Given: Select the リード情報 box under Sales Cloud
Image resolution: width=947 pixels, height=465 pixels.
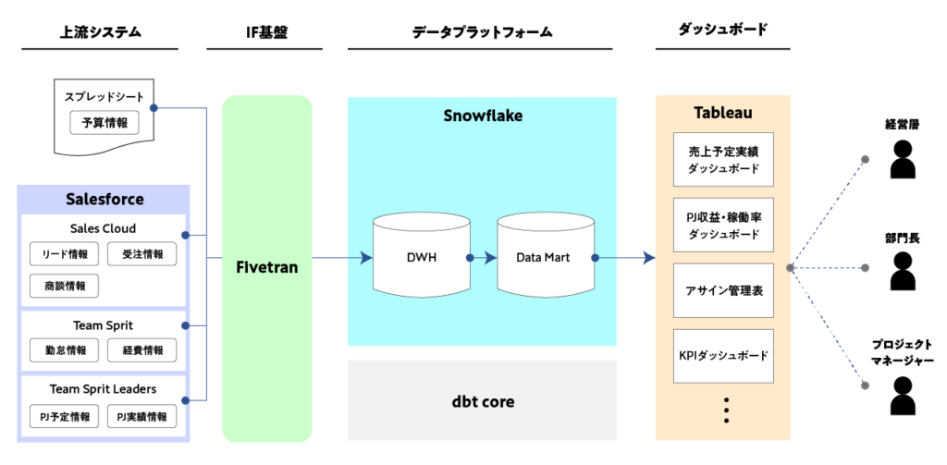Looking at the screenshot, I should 65,254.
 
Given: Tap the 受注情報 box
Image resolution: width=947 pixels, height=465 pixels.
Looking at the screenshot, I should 142,254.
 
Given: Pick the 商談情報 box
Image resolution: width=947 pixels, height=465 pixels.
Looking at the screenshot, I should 65,286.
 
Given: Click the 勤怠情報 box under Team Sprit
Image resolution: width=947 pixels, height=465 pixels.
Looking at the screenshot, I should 65,350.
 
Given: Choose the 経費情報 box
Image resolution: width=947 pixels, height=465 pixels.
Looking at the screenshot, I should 142,350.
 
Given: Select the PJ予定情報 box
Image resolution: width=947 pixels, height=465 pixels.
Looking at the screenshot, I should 65,416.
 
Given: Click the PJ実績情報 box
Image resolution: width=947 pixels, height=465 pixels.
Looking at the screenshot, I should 142,416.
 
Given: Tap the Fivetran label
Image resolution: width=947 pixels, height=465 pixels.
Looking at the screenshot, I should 267,267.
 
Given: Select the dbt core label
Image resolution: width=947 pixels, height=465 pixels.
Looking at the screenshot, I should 482,401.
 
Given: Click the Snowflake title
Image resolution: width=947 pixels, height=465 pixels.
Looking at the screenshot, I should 482,116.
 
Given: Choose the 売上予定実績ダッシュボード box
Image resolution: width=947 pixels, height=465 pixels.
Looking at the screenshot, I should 723,159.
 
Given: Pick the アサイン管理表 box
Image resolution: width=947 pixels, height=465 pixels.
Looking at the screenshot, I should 723,290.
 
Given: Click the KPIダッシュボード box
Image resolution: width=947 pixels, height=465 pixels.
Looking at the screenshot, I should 723,355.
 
